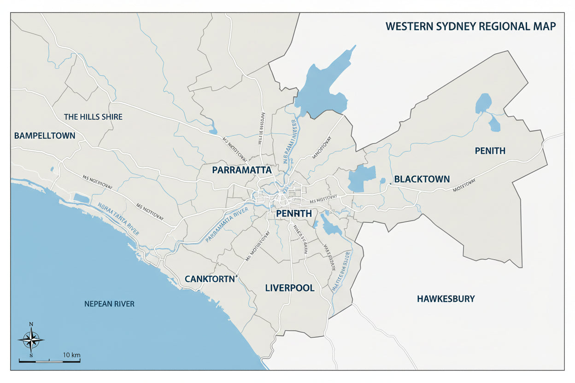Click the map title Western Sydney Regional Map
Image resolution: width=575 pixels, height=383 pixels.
tap(470, 26)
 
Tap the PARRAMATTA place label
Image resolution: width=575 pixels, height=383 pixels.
tap(241, 170)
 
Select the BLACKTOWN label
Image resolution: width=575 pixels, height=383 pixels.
tap(422, 179)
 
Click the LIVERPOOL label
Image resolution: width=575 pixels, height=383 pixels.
tap(289, 288)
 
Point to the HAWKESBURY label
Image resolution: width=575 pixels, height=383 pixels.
tap(446, 299)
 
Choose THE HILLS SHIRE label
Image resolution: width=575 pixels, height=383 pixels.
tap(93, 117)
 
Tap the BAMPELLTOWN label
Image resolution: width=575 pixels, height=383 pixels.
tap(45, 135)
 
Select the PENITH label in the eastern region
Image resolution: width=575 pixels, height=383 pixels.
tap(490, 151)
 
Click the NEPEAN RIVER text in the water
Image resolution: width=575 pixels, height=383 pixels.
tap(109, 304)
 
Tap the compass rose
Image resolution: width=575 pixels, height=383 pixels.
tap(31, 340)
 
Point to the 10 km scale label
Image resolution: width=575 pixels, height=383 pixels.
tap(72, 355)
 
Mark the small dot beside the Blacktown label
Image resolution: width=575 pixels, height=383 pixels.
tap(390, 184)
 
